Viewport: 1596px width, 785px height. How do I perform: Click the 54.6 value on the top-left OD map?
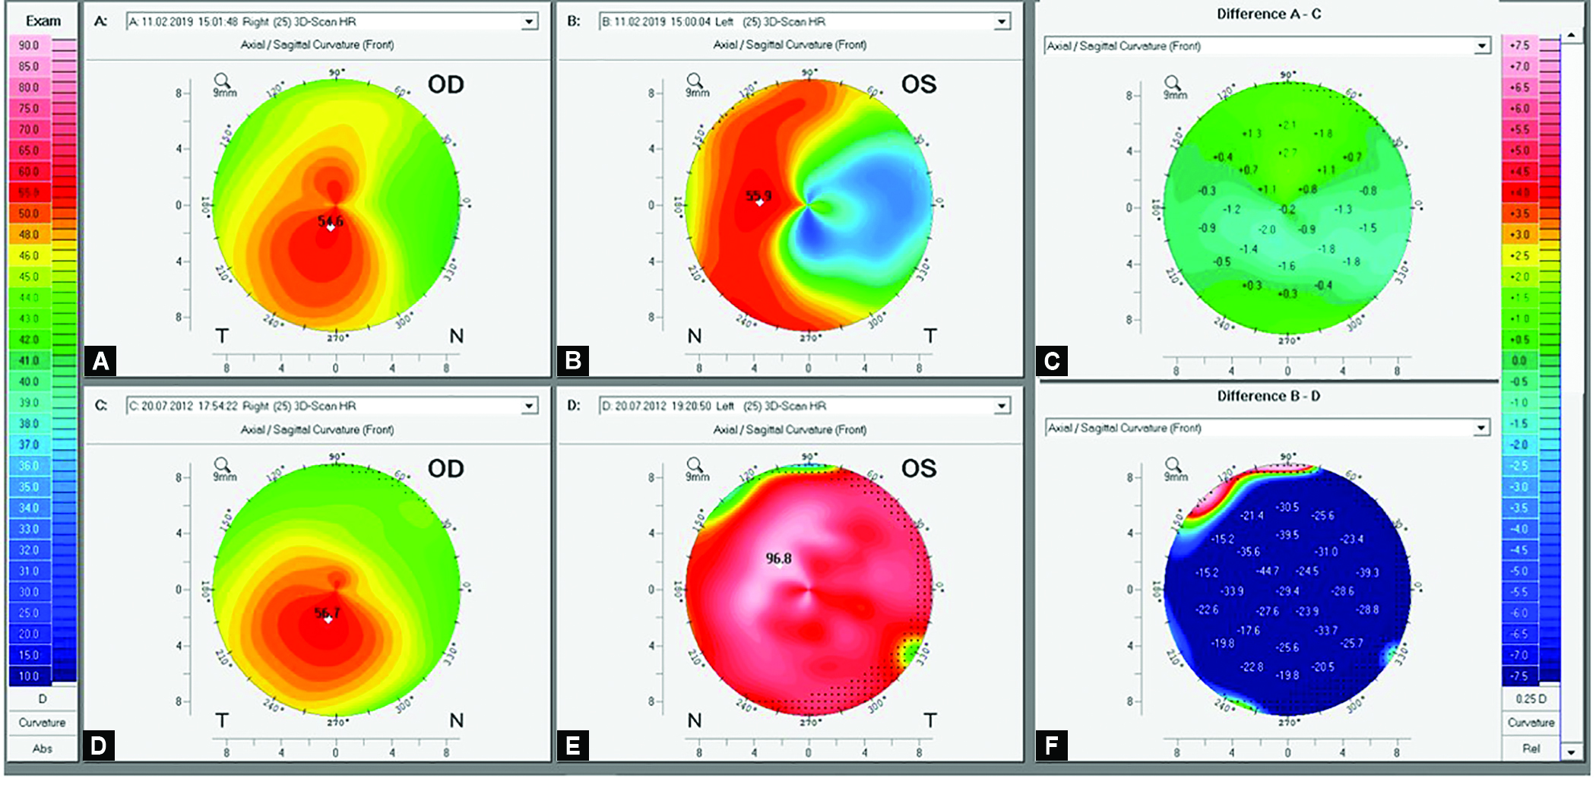[x=331, y=221]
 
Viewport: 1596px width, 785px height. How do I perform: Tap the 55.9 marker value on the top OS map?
[x=758, y=196]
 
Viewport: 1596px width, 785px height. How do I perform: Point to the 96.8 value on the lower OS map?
[x=778, y=559]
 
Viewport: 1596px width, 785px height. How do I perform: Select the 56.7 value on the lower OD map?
[x=328, y=612]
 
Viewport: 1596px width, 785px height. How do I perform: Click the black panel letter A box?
[x=100, y=360]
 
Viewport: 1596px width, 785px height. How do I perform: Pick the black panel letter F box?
[x=1051, y=745]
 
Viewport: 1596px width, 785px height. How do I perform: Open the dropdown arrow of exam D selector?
[x=1002, y=407]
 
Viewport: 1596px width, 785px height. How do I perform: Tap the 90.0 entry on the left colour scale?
[x=29, y=46]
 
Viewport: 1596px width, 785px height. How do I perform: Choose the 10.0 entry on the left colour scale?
[x=29, y=676]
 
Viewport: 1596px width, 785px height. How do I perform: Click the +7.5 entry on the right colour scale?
[x=1519, y=46]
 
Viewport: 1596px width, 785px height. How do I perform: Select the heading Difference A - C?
[x=1268, y=14]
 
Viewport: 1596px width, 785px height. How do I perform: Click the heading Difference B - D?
[x=1268, y=396]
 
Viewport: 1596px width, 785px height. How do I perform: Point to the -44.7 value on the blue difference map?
[x=1267, y=571]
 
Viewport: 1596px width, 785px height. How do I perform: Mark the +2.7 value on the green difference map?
[x=1287, y=153]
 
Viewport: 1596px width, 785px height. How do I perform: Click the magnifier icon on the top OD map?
[x=222, y=80]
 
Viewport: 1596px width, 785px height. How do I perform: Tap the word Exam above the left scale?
[x=43, y=21]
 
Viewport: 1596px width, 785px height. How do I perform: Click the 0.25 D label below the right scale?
[x=1531, y=698]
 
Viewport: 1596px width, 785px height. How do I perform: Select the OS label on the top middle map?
[x=918, y=84]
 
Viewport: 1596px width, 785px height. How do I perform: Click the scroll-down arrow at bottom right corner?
[x=1571, y=752]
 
